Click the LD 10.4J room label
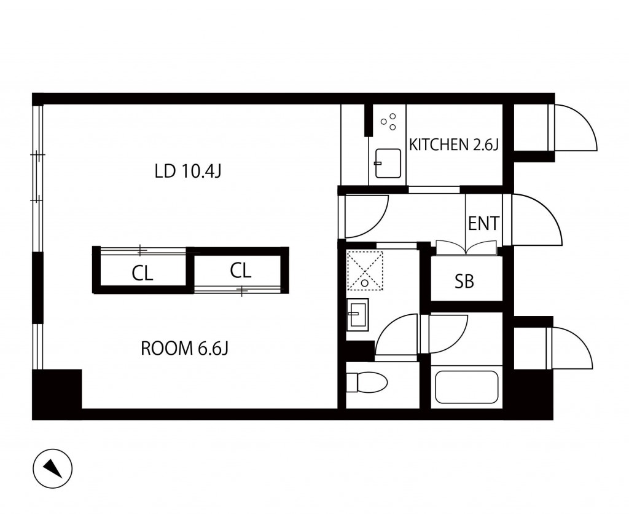[x=188, y=172]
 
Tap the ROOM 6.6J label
[x=184, y=348]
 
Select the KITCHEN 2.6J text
[x=453, y=144]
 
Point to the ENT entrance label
[x=484, y=223]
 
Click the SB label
[x=464, y=282]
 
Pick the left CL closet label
[x=143, y=274]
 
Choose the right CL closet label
[x=241, y=271]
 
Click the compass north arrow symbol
[x=53, y=469]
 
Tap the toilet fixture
[x=366, y=382]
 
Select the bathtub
[x=467, y=387]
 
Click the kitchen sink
[x=388, y=164]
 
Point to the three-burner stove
[x=388, y=122]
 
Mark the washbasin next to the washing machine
[x=357, y=314]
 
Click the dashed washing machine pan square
[x=365, y=271]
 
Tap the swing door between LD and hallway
[x=365, y=216]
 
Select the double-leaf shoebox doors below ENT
[x=467, y=247]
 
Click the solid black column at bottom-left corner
[x=57, y=394]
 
